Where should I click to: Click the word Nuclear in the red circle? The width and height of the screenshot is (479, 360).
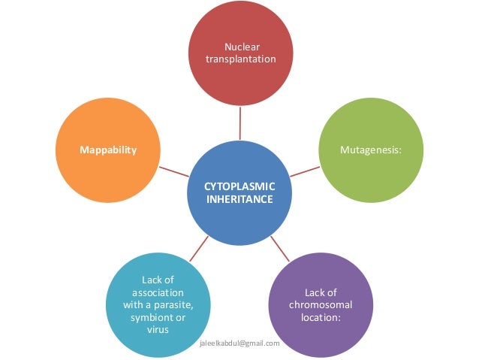[240, 47]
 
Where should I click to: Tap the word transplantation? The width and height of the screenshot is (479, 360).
[240, 59]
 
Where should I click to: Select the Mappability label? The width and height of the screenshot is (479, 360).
[108, 150]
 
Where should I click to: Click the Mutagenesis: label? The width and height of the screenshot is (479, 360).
[371, 150]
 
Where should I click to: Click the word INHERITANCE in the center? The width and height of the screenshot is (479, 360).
[240, 201]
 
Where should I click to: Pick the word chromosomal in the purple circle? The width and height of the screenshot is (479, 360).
[321, 304]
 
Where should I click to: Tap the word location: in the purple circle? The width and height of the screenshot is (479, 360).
[321, 317]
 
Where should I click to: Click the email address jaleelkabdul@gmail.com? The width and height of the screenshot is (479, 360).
[241, 343]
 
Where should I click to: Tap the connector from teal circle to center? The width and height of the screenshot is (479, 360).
[199, 248]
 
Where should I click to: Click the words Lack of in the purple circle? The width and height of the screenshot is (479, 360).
[321, 292]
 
